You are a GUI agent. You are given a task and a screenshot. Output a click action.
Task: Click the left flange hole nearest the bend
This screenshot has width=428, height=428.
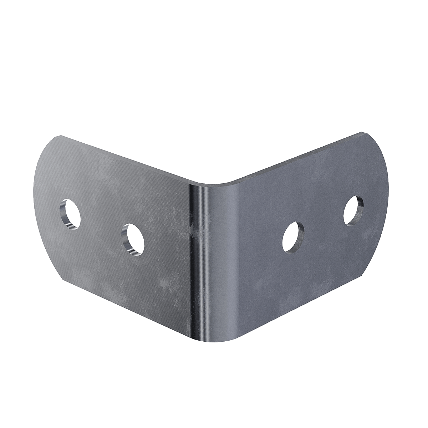click(133, 239)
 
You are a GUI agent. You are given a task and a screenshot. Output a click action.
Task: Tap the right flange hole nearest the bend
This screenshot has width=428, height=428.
click(293, 236)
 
